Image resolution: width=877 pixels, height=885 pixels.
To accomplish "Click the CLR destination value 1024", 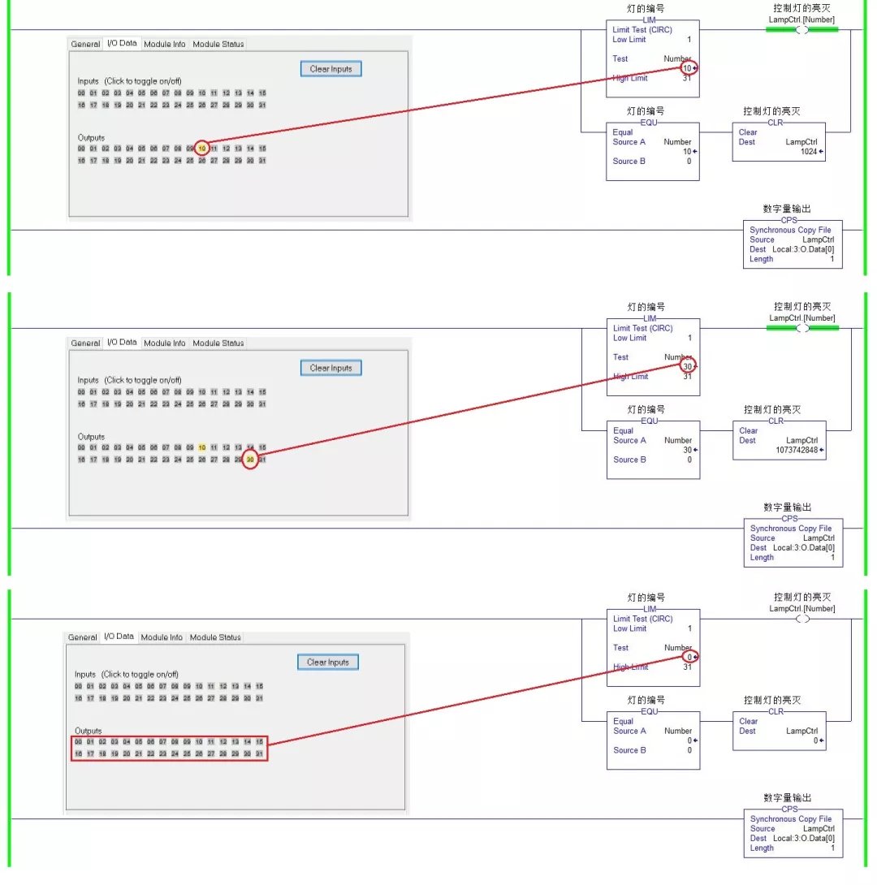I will (807, 152).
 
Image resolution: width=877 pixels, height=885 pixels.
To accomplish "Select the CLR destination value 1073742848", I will (797, 450).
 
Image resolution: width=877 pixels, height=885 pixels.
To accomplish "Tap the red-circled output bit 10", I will (202, 149).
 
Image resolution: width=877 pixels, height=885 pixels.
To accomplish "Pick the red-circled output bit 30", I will (250, 460).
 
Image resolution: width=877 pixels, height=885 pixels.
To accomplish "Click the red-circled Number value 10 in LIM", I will (688, 68).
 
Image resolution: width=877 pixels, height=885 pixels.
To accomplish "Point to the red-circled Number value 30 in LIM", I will (688, 367).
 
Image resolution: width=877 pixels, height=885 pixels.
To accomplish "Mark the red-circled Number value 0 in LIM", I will (689, 657).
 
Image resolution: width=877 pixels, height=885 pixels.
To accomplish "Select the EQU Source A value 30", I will (687, 450).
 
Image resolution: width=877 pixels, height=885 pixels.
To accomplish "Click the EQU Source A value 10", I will (687, 152).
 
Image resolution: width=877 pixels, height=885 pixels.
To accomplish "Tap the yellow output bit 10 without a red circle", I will (202, 447).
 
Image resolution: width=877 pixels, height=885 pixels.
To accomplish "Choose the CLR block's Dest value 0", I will (816, 740).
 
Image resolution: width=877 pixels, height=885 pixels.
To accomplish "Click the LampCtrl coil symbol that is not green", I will (802, 619).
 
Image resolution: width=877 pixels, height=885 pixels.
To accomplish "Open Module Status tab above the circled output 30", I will (218, 343).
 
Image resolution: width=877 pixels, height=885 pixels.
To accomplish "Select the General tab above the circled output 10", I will (85, 45).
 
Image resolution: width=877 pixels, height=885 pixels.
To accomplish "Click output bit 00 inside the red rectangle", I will (78, 742).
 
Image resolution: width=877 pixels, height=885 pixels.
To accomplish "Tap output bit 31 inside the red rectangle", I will (260, 754).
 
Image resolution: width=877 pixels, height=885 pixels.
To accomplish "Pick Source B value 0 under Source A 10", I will (689, 162).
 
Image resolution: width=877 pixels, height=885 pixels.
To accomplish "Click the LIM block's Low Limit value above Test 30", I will (689, 338).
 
